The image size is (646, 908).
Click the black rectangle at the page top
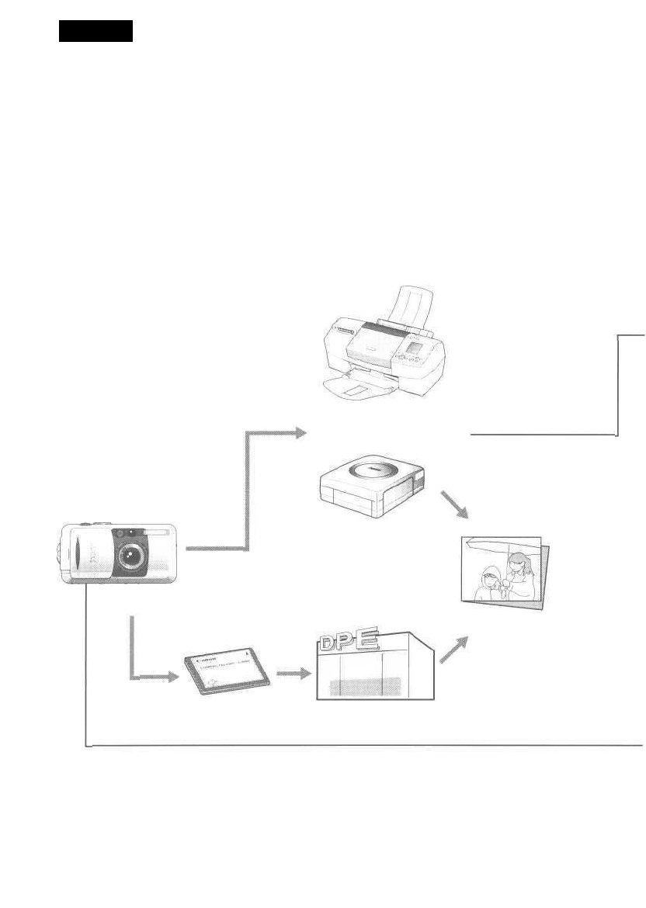(x=96, y=31)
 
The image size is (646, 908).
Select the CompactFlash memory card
(x=230, y=668)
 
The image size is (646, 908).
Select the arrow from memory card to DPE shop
(x=289, y=674)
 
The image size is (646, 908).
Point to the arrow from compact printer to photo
(x=457, y=505)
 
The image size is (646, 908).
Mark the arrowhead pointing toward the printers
(x=299, y=433)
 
